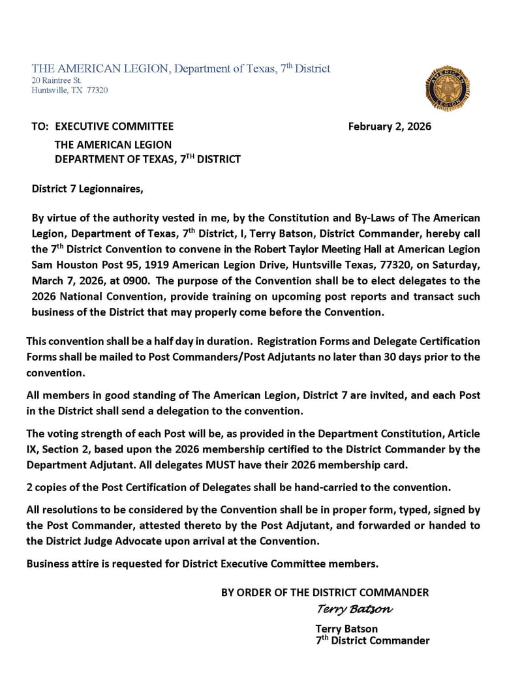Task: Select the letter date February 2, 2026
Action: (390, 127)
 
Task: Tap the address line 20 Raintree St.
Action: (56, 80)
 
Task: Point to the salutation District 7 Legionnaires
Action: (87, 189)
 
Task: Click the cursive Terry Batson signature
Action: (354, 609)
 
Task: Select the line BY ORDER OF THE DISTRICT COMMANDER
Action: (325, 592)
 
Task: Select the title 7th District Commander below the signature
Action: (372, 640)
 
